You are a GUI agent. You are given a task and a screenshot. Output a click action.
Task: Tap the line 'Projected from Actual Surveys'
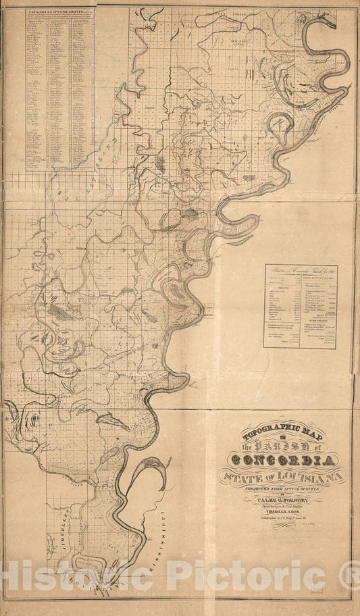[x=283, y=492]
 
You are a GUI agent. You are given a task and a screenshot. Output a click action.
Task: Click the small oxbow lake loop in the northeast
[x=280, y=124]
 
